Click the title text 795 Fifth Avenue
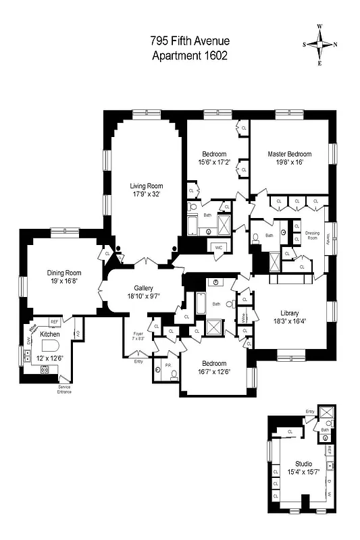point(188,40)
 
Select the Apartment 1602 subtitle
point(188,55)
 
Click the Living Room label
point(147,186)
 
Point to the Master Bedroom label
point(289,154)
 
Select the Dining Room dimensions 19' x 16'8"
point(66,281)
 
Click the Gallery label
point(143,288)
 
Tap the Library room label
point(294,313)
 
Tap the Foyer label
point(138,333)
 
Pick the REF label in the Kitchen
point(55,322)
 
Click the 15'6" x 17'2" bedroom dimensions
point(214,162)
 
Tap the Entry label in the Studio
point(309,411)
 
